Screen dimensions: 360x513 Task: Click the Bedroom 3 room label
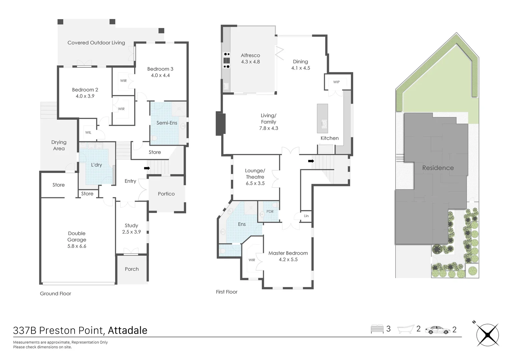[x=160, y=69]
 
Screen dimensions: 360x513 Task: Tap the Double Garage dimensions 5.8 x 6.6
[x=77, y=246]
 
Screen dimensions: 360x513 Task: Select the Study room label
[x=131, y=226]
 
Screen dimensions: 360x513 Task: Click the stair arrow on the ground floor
[x=147, y=168]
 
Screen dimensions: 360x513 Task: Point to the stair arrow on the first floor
[x=311, y=161]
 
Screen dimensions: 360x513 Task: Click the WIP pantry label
[x=336, y=82]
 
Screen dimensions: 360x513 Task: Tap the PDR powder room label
[x=270, y=211]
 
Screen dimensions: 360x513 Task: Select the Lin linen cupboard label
[x=306, y=216]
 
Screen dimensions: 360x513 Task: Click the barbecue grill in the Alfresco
[x=226, y=60]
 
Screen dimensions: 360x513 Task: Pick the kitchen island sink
[x=323, y=124]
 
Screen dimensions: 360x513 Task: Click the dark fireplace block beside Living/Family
[x=220, y=124]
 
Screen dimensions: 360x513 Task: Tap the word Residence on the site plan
[x=438, y=168]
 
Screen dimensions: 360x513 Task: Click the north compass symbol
[x=487, y=335]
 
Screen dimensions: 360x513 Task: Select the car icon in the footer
[x=437, y=330]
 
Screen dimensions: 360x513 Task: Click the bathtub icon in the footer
[x=405, y=329]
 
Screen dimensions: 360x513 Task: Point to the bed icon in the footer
[x=377, y=329]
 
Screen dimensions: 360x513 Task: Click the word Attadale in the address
[x=127, y=330]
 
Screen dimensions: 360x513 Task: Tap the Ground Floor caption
[x=55, y=294]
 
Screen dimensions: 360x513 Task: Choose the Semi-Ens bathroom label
[x=167, y=123]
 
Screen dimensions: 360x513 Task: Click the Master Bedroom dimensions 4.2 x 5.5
[x=288, y=259]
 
